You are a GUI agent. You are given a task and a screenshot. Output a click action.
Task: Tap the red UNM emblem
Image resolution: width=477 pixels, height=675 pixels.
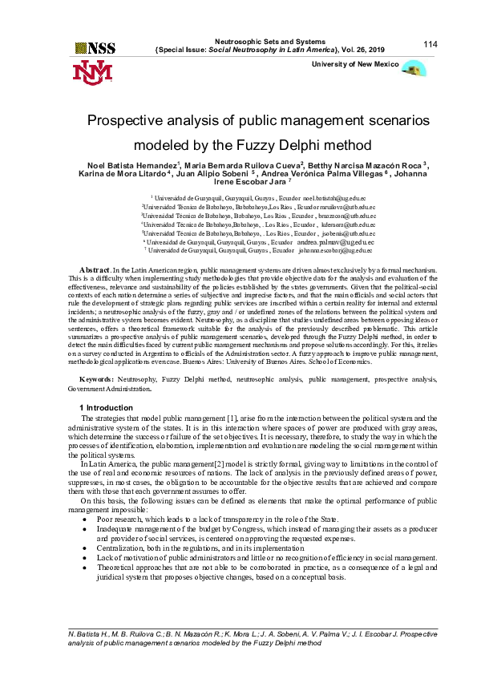[93, 72]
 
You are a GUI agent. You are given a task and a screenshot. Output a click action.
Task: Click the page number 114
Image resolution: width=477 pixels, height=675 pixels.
[430, 43]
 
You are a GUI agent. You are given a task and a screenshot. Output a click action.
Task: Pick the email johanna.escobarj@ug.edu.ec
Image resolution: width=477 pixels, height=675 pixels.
[337, 250]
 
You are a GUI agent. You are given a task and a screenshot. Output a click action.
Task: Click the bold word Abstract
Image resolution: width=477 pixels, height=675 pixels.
[95, 270]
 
